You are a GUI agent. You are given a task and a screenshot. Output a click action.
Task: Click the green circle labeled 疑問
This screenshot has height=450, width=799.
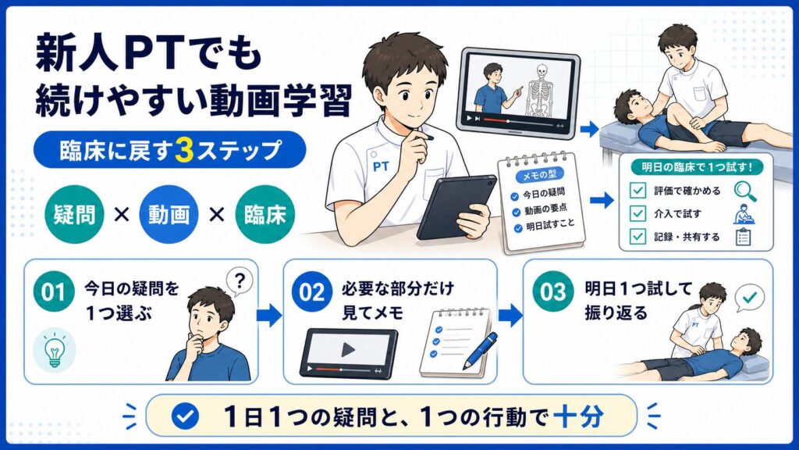[74, 215]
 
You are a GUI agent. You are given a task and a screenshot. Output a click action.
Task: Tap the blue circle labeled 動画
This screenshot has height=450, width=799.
[169, 215]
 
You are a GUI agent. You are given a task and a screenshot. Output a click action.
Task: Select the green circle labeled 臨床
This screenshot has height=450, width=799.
[265, 215]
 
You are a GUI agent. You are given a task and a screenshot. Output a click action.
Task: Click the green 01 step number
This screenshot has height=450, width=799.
[54, 292]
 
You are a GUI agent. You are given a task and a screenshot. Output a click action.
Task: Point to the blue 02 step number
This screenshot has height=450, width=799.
[312, 292]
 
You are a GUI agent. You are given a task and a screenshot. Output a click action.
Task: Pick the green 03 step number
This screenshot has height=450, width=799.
[553, 292]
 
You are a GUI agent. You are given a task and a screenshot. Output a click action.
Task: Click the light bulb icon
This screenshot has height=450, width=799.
[55, 350]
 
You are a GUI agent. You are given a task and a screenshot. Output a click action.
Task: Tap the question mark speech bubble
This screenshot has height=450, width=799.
[240, 282]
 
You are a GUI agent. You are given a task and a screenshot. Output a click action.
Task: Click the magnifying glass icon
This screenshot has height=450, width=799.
[745, 191]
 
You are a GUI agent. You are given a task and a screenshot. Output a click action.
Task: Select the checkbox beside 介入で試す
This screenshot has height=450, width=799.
[637, 213]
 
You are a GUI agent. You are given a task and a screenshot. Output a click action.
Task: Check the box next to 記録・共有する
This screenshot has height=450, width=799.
[637, 236]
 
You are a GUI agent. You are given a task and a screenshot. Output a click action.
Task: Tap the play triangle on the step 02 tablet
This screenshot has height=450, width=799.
[349, 350]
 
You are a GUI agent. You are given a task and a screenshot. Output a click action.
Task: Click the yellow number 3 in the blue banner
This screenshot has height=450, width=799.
[183, 150]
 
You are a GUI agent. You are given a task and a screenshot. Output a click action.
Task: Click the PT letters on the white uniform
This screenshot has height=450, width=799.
[381, 166]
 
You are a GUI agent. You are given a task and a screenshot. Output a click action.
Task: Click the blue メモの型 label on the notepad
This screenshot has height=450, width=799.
[539, 175]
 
